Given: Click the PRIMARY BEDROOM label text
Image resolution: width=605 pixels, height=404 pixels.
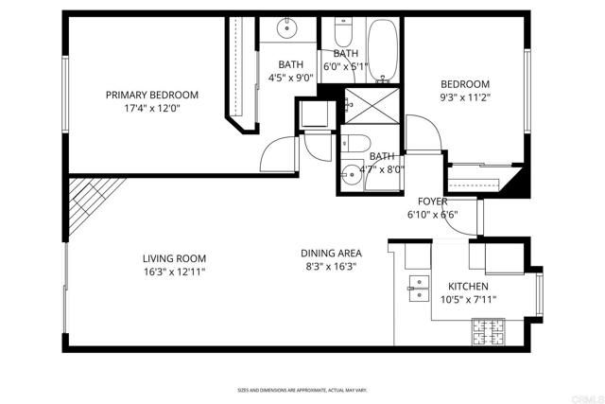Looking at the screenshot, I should coord(151,95).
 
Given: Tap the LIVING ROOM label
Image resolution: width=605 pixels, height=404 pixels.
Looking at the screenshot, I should coord(174,258).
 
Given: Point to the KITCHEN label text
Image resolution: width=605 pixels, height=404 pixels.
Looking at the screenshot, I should coord(467,286).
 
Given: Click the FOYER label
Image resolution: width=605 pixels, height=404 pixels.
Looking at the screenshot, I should coord(433,202).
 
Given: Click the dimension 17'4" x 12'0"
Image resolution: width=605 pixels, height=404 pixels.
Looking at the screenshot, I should coord(151,108).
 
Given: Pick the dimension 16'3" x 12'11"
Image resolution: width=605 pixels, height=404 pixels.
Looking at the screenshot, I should coord(174,272).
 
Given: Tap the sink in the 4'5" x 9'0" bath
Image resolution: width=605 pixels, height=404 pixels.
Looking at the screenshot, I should coord(287,28).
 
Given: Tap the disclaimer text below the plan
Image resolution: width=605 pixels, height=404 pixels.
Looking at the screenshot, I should coord(302,390).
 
